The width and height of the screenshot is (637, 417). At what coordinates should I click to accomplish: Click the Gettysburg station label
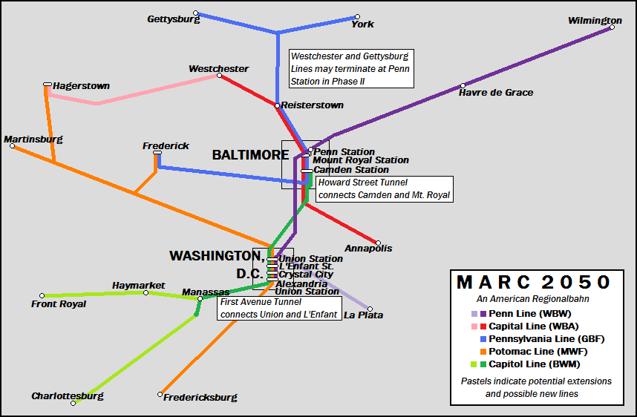pos(173,19)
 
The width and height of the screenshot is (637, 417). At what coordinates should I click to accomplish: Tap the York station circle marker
pos(357,16)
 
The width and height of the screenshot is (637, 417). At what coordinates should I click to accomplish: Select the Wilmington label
pos(595,20)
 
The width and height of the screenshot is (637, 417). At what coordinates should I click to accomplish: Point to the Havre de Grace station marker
pos(463,85)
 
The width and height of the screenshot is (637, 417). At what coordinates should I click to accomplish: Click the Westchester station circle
pos(219,75)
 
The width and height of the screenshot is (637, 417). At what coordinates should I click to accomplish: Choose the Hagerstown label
pos(81,86)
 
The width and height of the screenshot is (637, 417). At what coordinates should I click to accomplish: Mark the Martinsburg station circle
pos(12,146)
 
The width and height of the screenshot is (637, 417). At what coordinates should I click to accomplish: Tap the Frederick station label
pos(166,146)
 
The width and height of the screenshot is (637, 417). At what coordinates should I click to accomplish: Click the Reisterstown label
pos(312,105)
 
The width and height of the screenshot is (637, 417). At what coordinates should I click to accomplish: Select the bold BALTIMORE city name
pos(250,155)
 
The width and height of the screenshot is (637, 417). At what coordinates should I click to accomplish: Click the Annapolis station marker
pos(378,243)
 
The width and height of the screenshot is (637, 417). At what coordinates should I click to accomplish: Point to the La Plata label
pos(364,315)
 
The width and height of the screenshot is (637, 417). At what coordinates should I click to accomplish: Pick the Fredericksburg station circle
pos(160,394)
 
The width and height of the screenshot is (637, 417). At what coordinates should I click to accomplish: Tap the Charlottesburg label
pos(67,396)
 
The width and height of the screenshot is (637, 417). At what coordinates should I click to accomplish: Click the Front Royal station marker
pos(42,295)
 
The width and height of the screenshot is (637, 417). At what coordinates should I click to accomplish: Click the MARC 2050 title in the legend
pos(533,283)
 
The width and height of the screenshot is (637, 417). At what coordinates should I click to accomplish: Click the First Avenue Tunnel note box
pos(279,308)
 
